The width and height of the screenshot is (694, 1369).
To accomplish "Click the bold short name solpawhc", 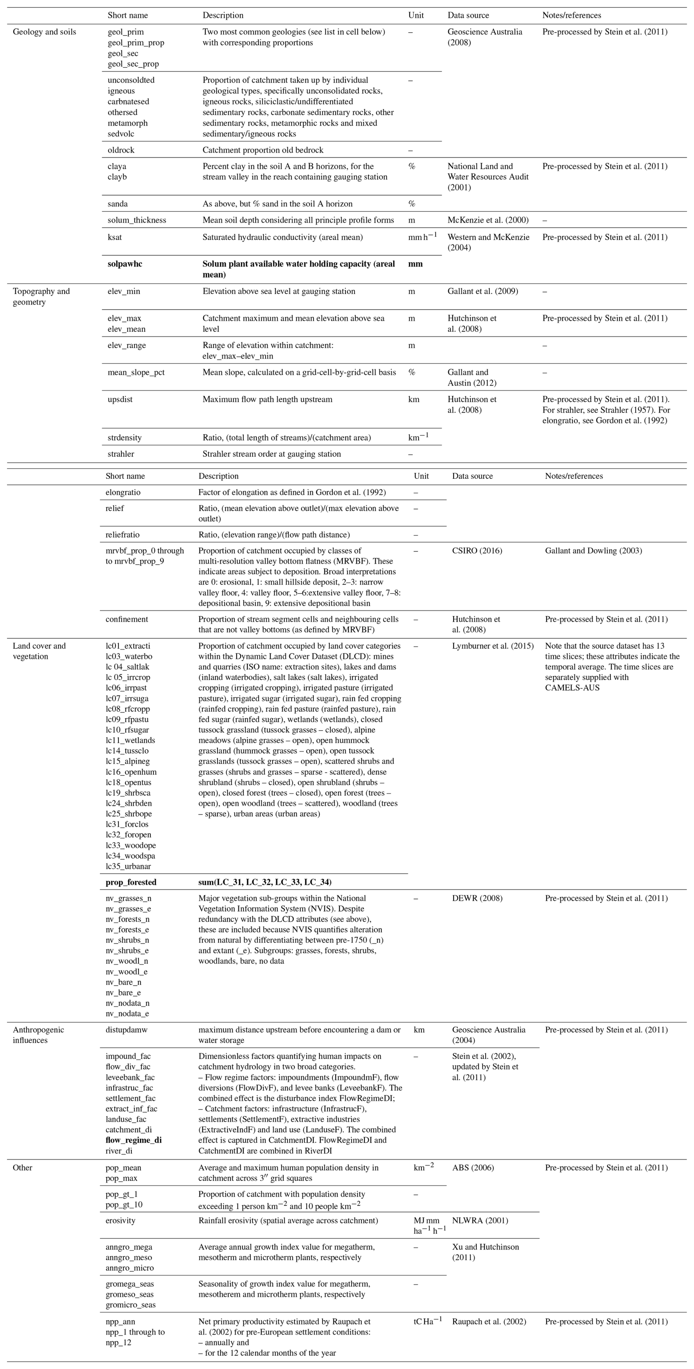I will pyautogui.click(x=125, y=264).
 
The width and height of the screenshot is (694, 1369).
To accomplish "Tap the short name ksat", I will pyautogui.click(x=114, y=237).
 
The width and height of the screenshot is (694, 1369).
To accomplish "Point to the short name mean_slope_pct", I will pyautogui.click(x=136, y=372).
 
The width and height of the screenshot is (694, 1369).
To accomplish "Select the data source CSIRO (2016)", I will pyautogui.click(x=477, y=551).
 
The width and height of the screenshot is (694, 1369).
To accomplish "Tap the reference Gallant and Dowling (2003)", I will pyautogui.click(x=593, y=551).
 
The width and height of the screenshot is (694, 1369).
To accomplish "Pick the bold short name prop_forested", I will pyautogui.click(x=131, y=882).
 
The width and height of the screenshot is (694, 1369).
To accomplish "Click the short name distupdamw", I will pyautogui.click(x=127, y=1030).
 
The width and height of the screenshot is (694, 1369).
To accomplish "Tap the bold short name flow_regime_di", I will pyautogui.click(x=134, y=1140).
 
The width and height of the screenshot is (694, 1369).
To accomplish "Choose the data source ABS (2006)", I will pyautogui.click(x=473, y=1168).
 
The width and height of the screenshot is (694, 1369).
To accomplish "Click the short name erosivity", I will pyautogui.click(x=120, y=1220).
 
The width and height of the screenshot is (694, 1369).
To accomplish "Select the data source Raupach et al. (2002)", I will pyautogui.click(x=489, y=1322).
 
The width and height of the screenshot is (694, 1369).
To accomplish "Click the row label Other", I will pyautogui.click(x=22, y=1168).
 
